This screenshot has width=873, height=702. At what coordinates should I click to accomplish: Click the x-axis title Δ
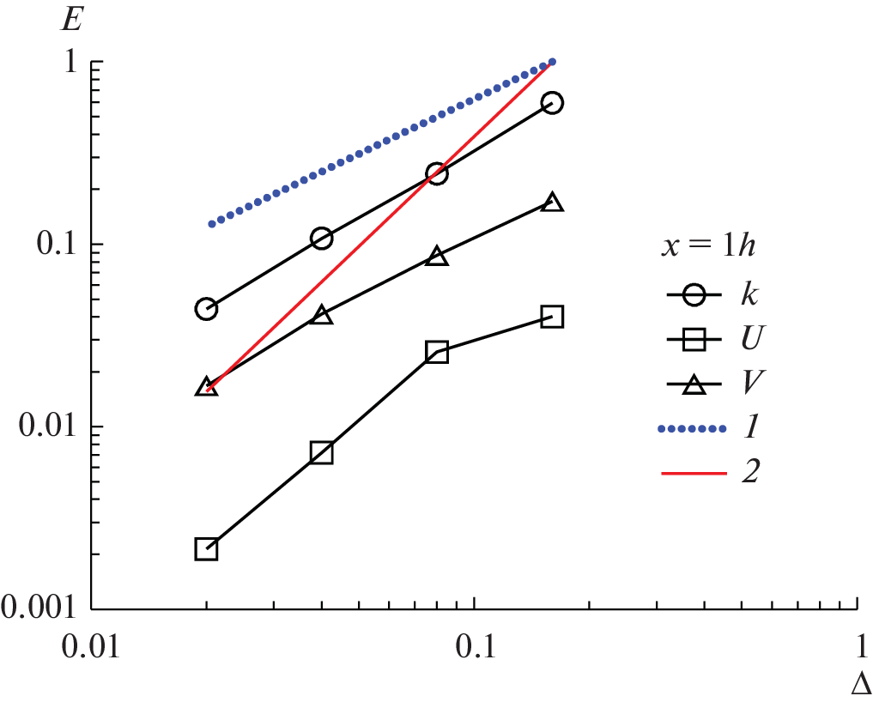(861, 684)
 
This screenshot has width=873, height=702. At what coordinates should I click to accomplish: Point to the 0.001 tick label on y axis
(41, 608)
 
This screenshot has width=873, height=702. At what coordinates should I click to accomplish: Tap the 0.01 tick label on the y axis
(49, 427)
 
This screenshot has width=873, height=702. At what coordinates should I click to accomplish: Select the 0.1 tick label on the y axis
(57, 245)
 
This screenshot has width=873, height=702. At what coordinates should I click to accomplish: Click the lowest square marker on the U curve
(206, 549)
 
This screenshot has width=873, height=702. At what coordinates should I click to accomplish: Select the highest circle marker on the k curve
(553, 103)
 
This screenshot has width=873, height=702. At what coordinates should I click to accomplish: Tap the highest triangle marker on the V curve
(553, 203)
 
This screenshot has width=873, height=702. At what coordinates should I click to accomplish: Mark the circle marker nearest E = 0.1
(322, 239)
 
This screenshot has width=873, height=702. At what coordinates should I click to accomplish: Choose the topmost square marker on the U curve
(553, 317)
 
